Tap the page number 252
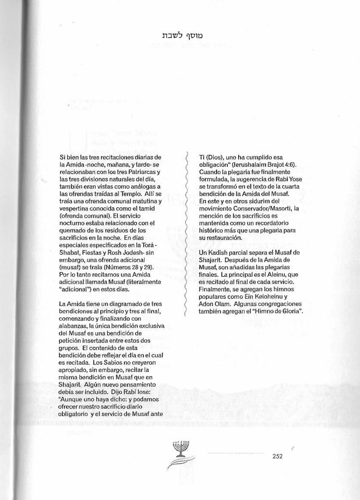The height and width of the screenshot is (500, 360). click(277, 456)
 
